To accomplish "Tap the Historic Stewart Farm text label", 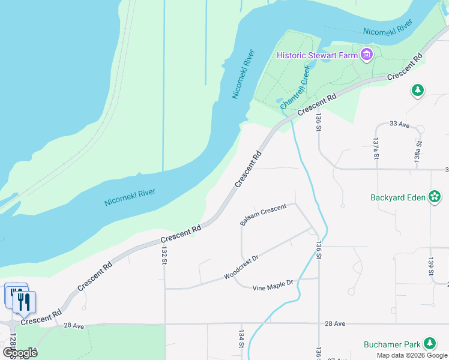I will pos(317,56).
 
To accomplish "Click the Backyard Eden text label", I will pos(398,197).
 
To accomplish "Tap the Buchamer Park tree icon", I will pos(429,344).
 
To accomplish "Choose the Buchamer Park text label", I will pos(392,344).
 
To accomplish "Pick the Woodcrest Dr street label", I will pos(241,268).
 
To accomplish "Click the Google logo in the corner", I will pos(20,352).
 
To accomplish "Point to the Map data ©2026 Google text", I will pos(412,355).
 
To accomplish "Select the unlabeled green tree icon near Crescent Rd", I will pos(418,91).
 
